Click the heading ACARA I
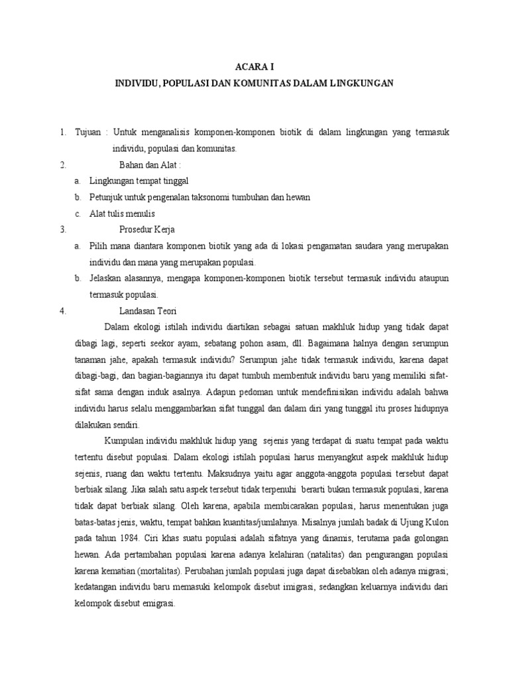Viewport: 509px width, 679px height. coord(254,67)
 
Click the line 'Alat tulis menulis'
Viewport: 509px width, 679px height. coord(122,214)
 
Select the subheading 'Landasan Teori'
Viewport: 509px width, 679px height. coord(148,310)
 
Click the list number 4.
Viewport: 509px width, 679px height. coord(62,310)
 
